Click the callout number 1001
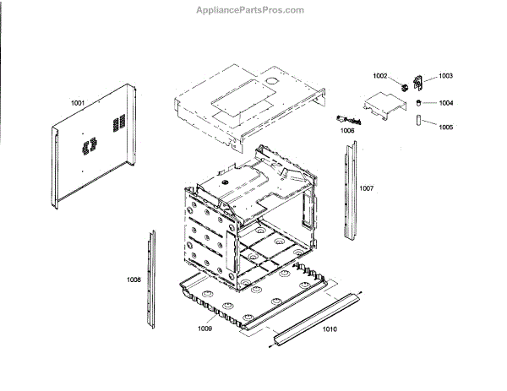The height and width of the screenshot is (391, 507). coord(78,103)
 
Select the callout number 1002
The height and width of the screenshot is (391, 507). coord(381,77)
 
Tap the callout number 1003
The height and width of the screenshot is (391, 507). coord(445,77)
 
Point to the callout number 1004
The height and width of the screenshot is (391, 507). coord(445,103)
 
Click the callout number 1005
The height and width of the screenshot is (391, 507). coord(445,128)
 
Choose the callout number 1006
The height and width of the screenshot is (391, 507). coord(347,131)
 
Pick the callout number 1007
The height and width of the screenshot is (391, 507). coord(366,187)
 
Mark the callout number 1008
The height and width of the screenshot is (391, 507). coord(134,279)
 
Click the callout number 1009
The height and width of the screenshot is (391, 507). coord(204,328)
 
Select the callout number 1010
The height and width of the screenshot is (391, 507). coord(330,329)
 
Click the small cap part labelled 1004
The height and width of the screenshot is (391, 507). coord(417,102)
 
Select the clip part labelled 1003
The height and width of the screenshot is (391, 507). coord(417,83)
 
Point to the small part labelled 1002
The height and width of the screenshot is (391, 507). coord(404,84)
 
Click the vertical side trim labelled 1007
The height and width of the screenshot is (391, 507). coord(348,190)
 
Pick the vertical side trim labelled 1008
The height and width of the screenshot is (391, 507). coord(150,279)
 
